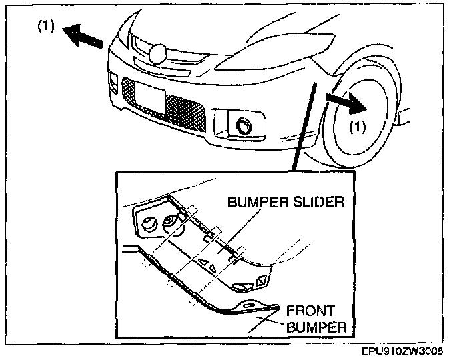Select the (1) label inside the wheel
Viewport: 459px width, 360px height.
point(359,126)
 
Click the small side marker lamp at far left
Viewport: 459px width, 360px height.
point(111,85)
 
